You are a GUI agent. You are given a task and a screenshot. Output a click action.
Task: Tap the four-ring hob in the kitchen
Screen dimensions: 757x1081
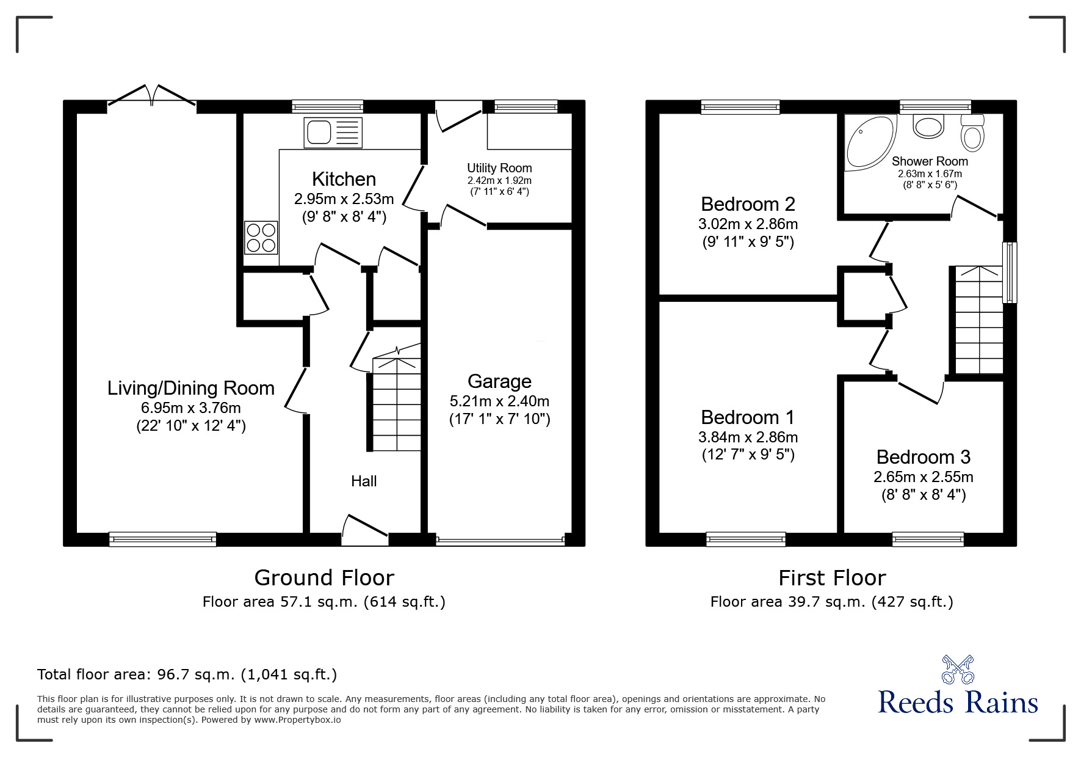click(x=261, y=238)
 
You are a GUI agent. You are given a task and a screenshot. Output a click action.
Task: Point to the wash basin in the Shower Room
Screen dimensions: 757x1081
click(x=928, y=127)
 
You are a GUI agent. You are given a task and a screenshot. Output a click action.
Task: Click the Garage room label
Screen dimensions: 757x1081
click(x=499, y=381)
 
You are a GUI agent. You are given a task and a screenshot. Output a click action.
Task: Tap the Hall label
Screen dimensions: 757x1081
click(x=364, y=481)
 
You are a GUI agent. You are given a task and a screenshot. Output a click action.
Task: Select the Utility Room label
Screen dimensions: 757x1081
click(x=499, y=168)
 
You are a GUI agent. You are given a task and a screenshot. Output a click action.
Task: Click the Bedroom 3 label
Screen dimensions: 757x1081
click(x=923, y=457)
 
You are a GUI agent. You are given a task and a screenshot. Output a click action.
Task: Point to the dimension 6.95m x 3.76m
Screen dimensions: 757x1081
click(x=190, y=408)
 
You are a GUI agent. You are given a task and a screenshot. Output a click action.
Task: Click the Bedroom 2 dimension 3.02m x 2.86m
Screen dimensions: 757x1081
click(x=748, y=224)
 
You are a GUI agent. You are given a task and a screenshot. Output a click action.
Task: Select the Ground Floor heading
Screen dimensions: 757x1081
click(x=324, y=577)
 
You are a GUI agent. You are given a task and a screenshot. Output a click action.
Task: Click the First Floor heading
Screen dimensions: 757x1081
click(x=832, y=577)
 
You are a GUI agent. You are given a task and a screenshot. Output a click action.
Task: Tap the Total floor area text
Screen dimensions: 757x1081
click(x=187, y=675)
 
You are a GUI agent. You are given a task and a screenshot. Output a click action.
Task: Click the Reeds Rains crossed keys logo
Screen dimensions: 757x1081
click(x=958, y=670)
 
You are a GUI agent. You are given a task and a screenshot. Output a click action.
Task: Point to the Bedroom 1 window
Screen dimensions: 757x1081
click(x=746, y=539)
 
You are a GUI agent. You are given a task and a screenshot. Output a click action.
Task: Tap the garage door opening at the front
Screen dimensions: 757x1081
click(x=500, y=540)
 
